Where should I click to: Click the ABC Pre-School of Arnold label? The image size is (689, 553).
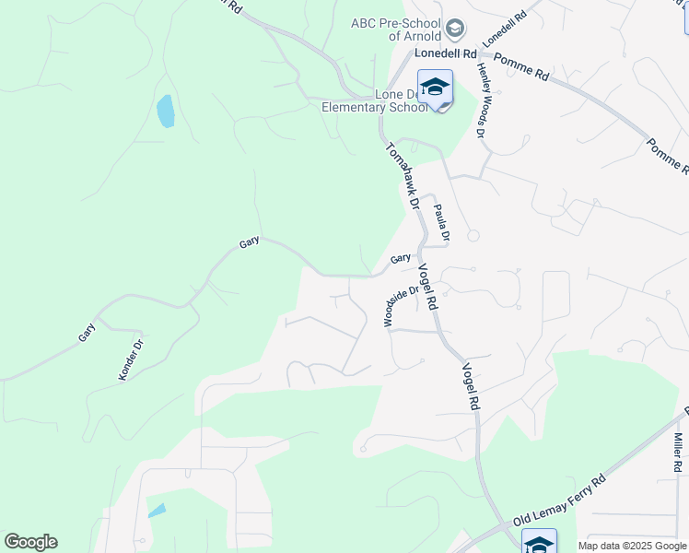(396, 29)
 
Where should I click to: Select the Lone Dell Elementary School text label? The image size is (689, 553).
(373, 100)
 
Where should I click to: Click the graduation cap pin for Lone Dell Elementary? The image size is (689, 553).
(435, 88)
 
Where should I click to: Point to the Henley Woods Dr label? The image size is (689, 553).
(481, 101)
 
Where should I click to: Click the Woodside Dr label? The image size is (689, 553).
(401, 305)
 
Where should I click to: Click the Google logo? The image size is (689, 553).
(30, 542)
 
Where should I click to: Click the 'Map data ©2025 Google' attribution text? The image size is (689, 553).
(632, 546)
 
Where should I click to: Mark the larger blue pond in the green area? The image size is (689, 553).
(166, 111)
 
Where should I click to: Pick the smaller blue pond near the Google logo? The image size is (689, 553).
(157, 510)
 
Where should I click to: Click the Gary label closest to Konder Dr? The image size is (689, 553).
(88, 332)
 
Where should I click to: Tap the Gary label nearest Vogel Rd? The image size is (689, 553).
(400, 260)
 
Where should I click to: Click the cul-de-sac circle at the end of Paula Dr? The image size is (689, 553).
(473, 236)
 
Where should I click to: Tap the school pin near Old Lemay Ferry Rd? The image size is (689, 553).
(539, 541)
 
